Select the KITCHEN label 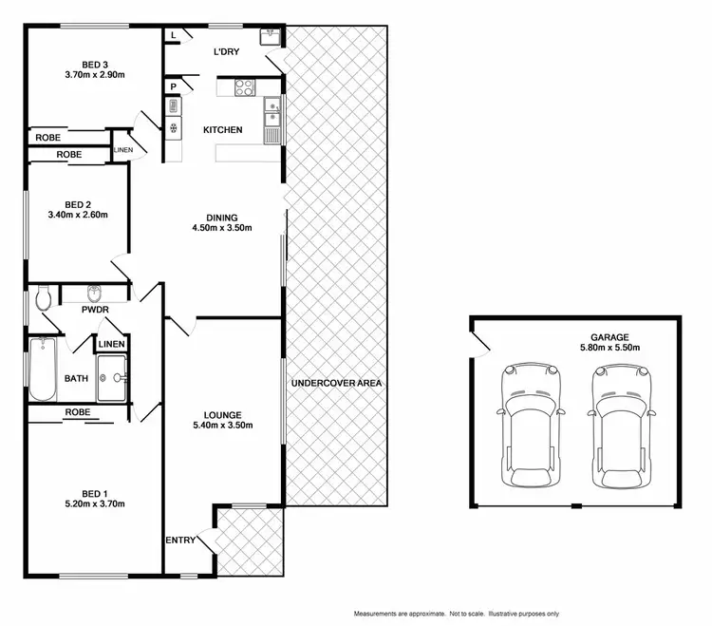(223, 130)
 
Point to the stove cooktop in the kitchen (243, 87)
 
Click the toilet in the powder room (42, 300)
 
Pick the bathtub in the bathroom (43, 370)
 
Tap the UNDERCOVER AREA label (337, 383)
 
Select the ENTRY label (180, 541)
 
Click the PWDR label (93, 309)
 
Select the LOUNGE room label (222, 415)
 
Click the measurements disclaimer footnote (455, 613)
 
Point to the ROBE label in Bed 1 (79, 412)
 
